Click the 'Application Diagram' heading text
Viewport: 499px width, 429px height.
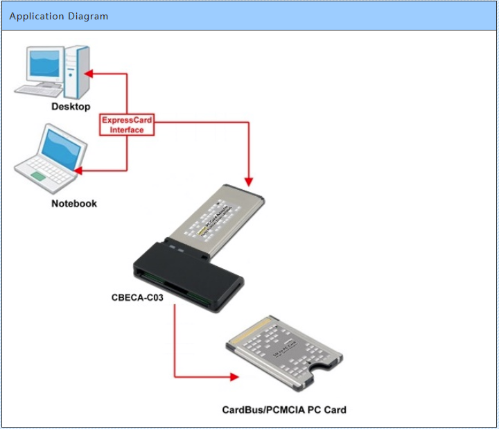point(59,16)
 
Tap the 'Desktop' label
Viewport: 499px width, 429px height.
point(71,107)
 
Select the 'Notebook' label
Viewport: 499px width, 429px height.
point(74,204)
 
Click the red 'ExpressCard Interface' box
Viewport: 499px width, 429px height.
point(127,125)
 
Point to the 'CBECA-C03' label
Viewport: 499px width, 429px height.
point(138,298)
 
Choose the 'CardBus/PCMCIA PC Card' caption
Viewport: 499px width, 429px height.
point(284,410)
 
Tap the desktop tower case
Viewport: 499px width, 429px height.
point(78,71)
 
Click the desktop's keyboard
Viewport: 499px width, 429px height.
point(40,90)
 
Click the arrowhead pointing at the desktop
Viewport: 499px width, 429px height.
point(89,73)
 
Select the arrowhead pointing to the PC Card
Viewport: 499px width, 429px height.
point(234,378)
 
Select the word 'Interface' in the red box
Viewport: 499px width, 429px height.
point(127,130)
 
